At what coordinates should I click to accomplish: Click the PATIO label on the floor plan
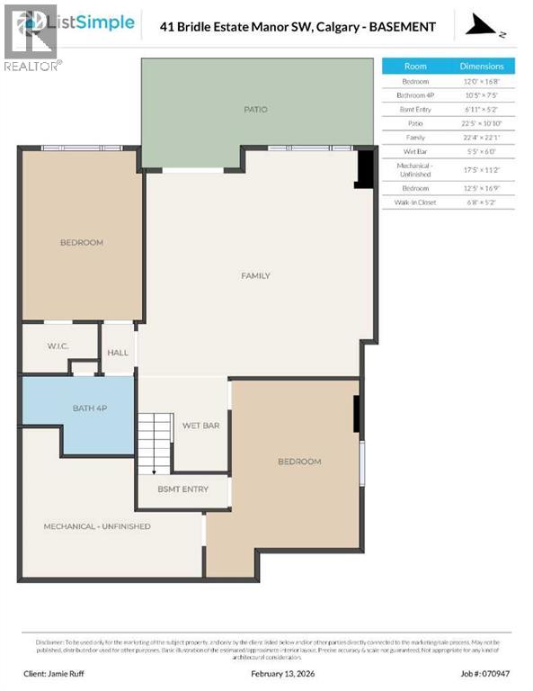click(x=255, y=110)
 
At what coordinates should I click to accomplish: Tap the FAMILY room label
click(x=255, y=275)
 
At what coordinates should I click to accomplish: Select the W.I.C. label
click(x=59, y=345)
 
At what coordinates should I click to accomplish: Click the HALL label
click(x=118, y=353)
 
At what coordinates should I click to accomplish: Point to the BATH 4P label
click(x=90, y=408)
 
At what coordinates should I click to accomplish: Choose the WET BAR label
click(x=201, y=425)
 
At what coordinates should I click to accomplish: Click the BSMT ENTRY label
click(x=182, y=489)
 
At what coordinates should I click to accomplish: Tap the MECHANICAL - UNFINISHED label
click(x=97, y=526)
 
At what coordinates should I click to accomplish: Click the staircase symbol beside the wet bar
click(x=154, y=441)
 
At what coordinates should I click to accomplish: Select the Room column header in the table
click(x=415, y=66)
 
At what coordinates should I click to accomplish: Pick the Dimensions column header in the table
click(x=482, y=66)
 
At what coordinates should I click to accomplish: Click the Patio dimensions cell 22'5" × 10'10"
click(x=482, y=123)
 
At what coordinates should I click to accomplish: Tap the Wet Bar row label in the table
click(x=415, y=152)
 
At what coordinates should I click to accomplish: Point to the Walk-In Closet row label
click(x=415, y=203)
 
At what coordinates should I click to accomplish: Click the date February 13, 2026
click(x=267, y=672)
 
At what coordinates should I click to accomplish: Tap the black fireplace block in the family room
click(x=365, y=169)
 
